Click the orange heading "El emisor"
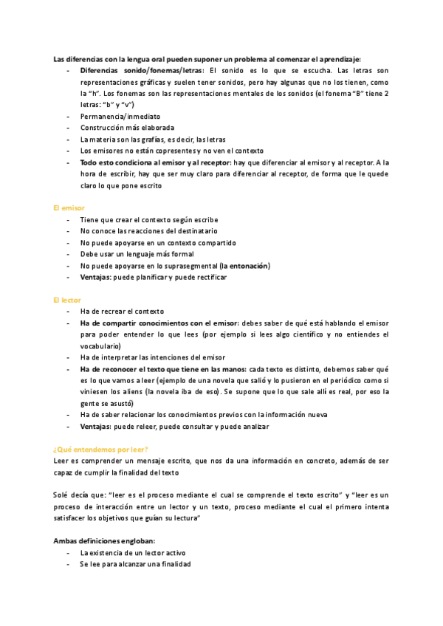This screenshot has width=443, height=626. [69, 209]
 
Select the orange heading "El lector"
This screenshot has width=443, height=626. [67, 300]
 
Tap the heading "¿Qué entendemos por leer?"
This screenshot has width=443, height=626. [101, 450]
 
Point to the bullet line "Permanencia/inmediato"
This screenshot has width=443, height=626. [120, 116]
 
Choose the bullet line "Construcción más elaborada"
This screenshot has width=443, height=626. [127, 128]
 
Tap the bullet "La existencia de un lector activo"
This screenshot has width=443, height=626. [133, 552]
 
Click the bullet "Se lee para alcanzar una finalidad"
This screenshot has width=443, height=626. [135, 564]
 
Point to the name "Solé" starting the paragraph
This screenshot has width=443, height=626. [63, 495]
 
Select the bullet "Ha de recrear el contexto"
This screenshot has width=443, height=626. [122, 312]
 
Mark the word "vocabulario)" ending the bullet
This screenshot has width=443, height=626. [100, 346]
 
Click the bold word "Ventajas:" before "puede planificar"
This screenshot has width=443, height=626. [96, 278]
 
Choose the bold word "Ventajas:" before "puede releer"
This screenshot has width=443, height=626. [96, 427]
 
